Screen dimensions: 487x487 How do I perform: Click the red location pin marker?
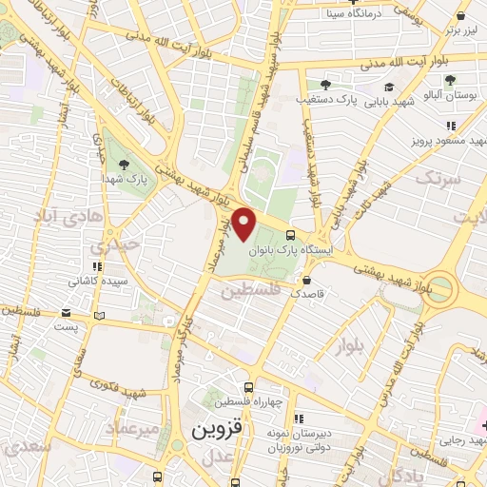point(245,224)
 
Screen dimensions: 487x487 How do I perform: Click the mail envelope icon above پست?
point(66,312)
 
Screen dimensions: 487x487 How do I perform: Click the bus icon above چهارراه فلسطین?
point(248,387)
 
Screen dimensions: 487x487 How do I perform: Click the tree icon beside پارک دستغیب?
point(325,85)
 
